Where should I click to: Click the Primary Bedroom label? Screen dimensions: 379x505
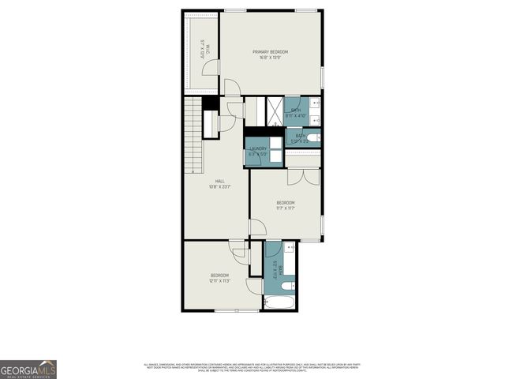270,52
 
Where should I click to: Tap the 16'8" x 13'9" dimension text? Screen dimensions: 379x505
270,58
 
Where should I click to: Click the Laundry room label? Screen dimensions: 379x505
258,148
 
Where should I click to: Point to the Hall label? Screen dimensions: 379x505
208,181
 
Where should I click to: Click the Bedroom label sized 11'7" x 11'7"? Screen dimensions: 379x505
285,203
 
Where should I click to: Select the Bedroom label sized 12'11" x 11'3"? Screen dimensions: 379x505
219,275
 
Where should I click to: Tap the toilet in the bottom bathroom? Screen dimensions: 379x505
288,284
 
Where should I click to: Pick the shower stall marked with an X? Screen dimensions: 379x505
275,111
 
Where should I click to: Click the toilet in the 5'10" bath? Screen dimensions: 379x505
312,138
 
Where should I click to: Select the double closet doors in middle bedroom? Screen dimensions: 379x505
303,176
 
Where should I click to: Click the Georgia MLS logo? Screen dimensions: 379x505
28,370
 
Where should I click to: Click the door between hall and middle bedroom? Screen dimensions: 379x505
256,228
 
